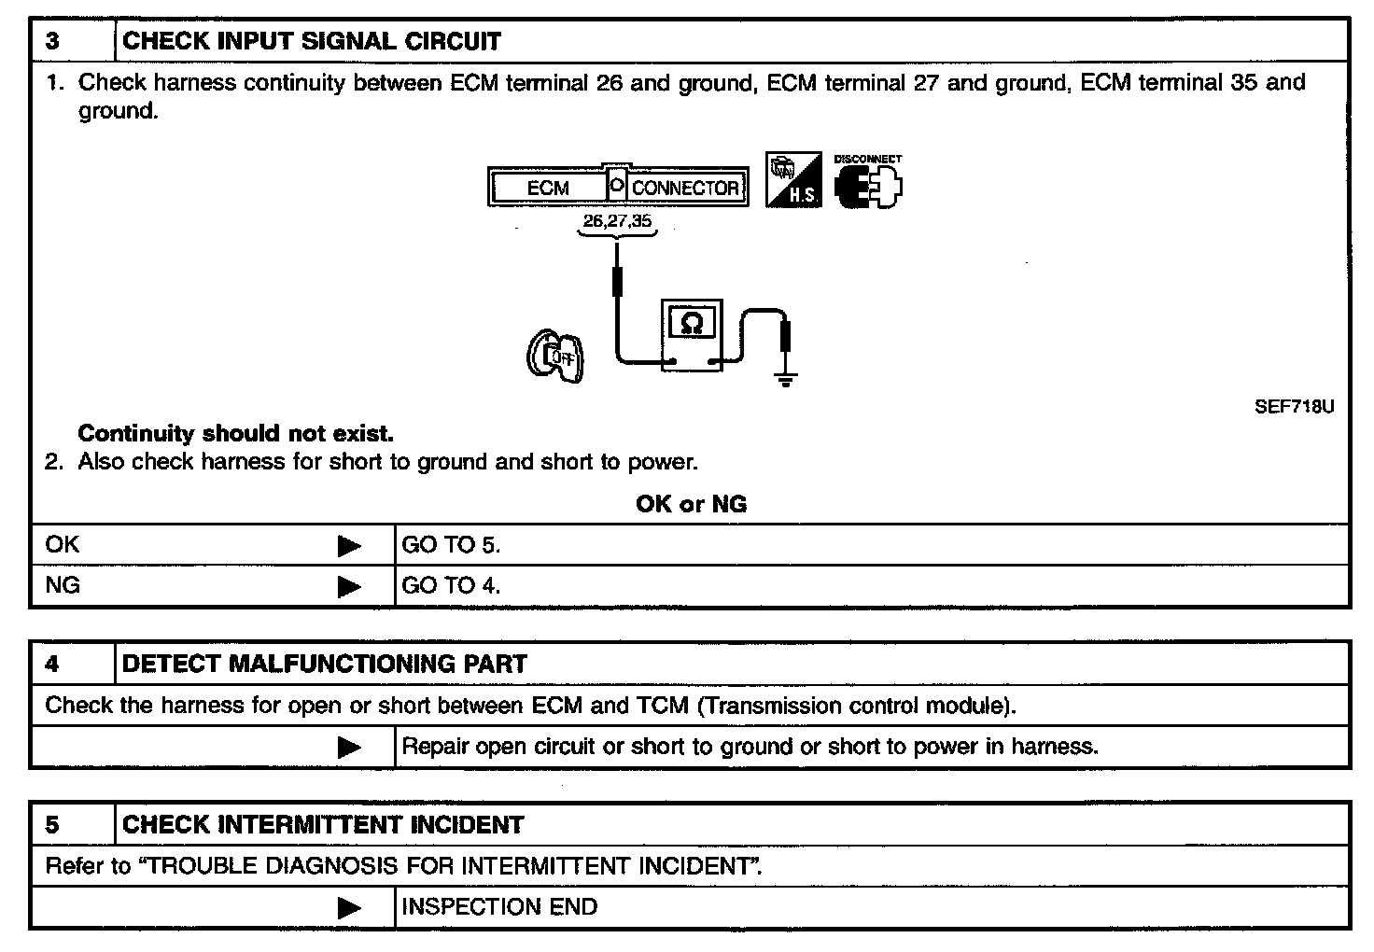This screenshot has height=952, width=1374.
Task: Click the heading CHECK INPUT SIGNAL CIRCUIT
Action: pyautogui.click(x=312, y=41)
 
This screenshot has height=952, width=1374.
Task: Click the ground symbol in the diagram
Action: pyautogui.click(x=786, y=378)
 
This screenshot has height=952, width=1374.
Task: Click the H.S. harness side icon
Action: pyautogui.click(x=793, y=181)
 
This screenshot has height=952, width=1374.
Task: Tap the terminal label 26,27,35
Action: pyautogui.click(x=617, y=221)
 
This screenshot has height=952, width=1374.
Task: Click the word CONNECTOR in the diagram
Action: pyautogui.click(x=685, y=188)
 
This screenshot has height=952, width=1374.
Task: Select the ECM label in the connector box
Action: pyautogui.click(x=548, y=188)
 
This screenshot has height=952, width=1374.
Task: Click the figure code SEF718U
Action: pyautogui.click(x=1294, y=406)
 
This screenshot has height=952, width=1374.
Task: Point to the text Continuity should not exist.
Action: pyautogui.click(x=235, y=433)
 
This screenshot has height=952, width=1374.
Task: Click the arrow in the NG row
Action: pyautogui.click(x=349, y=586)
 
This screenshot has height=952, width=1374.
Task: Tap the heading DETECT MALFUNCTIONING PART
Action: pyautogui.click(x=325, y=664)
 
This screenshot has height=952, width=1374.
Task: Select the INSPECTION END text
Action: pyautogui.click(x=499, y=906)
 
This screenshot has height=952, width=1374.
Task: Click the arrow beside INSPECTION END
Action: pyautogui.click(x=349, y=907)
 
